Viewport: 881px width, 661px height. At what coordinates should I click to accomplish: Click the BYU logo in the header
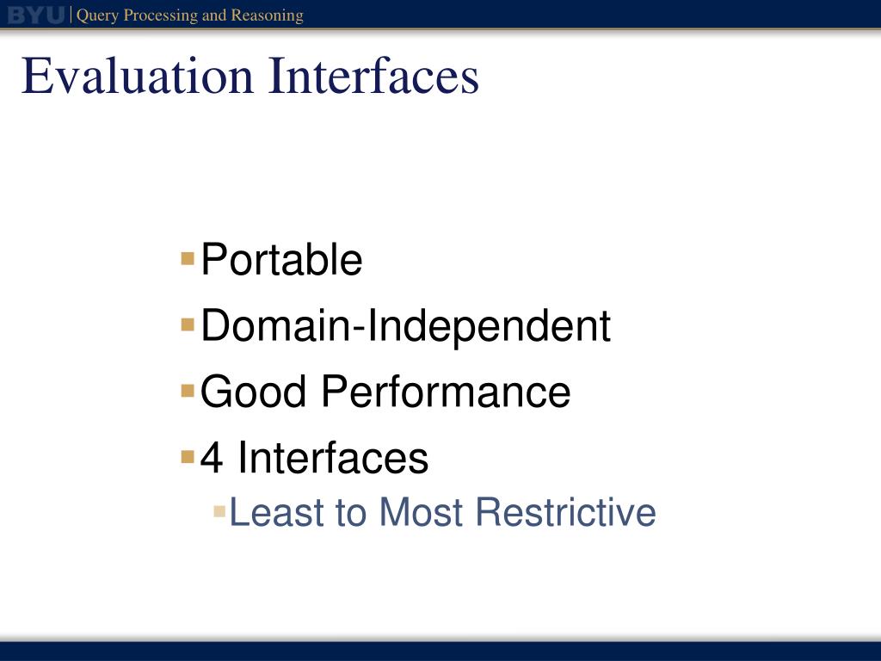tap(36, 15)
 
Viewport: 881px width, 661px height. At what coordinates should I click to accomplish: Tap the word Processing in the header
tap(160, 15)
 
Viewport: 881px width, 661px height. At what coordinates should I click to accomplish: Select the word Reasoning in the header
tap(268, 15)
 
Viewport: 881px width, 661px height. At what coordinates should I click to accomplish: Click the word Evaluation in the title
tap(138, 76)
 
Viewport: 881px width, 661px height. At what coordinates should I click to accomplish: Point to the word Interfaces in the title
tap(374, 76)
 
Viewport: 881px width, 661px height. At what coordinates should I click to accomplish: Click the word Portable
tap(281, 259)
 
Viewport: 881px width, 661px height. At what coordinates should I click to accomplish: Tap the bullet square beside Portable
tap(188, 258)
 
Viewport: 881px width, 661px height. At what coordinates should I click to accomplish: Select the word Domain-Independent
tap(406, 326)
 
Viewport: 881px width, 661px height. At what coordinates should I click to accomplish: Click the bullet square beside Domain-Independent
tap(188, 324)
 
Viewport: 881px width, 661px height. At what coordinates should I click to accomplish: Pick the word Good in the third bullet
tap(253, 392)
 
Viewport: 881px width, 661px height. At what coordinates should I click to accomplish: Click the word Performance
tap(447, 392)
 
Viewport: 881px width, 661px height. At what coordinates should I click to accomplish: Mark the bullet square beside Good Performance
tap(188, 391)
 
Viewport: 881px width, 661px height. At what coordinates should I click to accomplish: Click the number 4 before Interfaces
tap(212, 458)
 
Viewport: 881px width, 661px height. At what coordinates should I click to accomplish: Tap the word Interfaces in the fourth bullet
tap(333, 457)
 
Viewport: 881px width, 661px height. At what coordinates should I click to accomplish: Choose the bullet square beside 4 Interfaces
tap(188, 456)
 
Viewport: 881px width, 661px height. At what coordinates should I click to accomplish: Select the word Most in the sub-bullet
tap(422, 512)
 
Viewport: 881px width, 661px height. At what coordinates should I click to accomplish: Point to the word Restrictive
tap(566, 512)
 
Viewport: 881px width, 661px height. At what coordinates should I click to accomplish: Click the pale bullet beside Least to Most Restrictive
tap(219, 511)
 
